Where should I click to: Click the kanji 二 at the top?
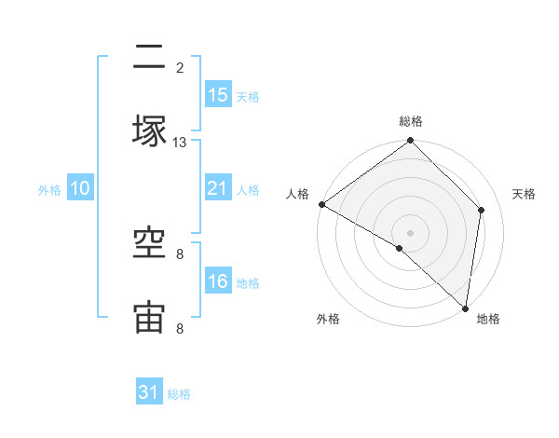(x=149, y=60)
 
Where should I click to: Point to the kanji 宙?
(x=149, y=318)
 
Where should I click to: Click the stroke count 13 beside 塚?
(x=180, y=143)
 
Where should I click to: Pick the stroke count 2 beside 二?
(x=180, y=67)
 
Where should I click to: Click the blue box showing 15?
(x=217, y=94)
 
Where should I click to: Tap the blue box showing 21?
(x=217, y=188)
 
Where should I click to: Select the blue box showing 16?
(x=217, y=281)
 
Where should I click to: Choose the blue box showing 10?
(x=80, y=188)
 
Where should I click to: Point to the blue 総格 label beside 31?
(x=179, y=394)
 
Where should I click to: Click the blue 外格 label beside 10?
(x=49, y=189)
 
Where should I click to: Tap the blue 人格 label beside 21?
(x=248, y=189)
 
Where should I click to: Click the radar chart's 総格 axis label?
(x=411, y=122)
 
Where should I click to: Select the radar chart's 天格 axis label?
(x=525, y=194)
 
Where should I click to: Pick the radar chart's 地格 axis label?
(x=488, y=320)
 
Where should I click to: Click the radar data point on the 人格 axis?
(x=321, y=204)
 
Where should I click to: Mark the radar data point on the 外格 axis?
(x=400, y=248)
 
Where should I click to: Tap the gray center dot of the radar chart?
(x=411, y=232)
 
